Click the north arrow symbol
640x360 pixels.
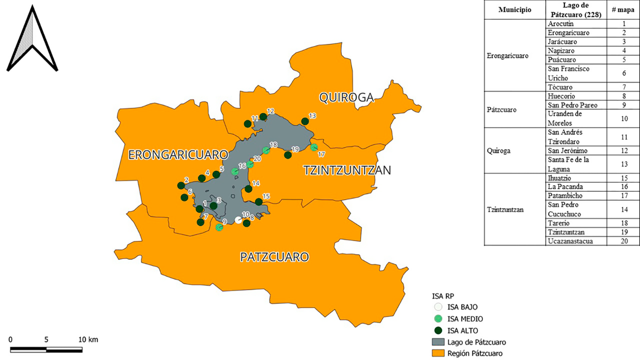pos(32,39)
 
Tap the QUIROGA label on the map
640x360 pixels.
pos(346,97)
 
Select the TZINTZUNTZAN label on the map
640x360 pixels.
pos(347,170)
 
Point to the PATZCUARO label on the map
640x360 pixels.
pos(274,257)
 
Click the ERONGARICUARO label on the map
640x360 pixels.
pos(178,155)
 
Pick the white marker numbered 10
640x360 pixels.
pos(239,220)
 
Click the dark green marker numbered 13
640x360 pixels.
pos(305,122)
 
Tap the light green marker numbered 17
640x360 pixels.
pos(314,147)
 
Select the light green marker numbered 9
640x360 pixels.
pos(219,228)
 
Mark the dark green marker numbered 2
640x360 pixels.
pos(181,186)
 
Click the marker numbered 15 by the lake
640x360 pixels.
pos(259,202)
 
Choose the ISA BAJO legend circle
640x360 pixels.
pos(437,307)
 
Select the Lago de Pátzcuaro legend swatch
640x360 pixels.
pos(437,343)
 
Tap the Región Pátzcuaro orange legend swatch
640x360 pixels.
pos(437,353)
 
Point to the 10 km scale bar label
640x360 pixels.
pos(88,339)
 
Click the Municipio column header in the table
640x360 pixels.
pos(515,10)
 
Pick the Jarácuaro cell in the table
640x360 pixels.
pos(562,42)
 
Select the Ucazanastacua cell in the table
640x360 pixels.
pos(570,241)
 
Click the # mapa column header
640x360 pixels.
pos(624,10)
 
